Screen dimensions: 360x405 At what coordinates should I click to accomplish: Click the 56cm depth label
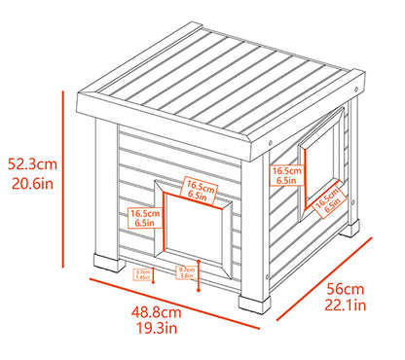(x=345, y=289)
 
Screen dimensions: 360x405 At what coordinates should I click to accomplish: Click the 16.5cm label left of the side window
(x=285, y=175)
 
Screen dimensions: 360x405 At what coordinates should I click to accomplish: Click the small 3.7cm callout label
(x=142, y=274)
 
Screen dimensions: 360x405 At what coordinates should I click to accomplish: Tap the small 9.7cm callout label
(x=185, y=271)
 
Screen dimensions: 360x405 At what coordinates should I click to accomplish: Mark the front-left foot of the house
(x=107, y=264)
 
